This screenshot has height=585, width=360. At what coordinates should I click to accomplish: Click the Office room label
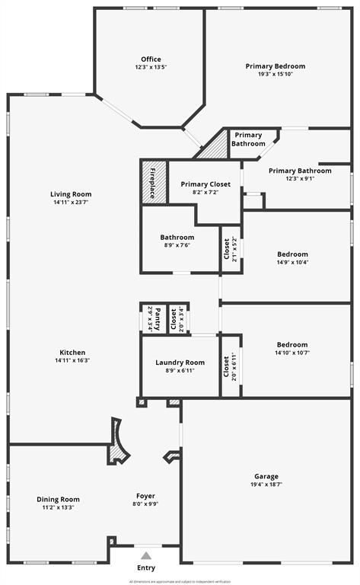tap(151, 59)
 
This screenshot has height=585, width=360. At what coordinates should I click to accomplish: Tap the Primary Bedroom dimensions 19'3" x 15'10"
tap(275, 74)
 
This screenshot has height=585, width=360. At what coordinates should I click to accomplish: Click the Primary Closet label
tap(205, 184)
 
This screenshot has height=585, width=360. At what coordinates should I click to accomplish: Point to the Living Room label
tap(72, 194)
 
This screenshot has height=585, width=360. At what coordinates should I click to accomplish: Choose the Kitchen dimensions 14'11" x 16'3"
tap(72, 360)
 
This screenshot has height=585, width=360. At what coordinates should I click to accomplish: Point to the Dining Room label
tap(59, 500)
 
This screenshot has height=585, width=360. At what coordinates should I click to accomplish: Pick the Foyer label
tap(145, 496)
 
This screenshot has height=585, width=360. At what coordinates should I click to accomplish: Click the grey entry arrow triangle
tap(145, 555)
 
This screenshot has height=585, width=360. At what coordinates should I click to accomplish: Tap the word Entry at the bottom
tap(145, 568)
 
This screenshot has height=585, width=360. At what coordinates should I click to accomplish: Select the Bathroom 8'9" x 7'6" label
tap(177, 237)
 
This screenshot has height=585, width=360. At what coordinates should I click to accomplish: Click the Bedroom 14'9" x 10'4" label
tap(292, 254)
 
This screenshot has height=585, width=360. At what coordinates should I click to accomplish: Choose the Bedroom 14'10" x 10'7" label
tap(292, 344)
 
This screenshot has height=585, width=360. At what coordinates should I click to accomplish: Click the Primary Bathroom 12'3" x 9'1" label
tap(300, 171)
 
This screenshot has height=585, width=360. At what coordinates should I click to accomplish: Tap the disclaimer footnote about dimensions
tap(180, 581)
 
